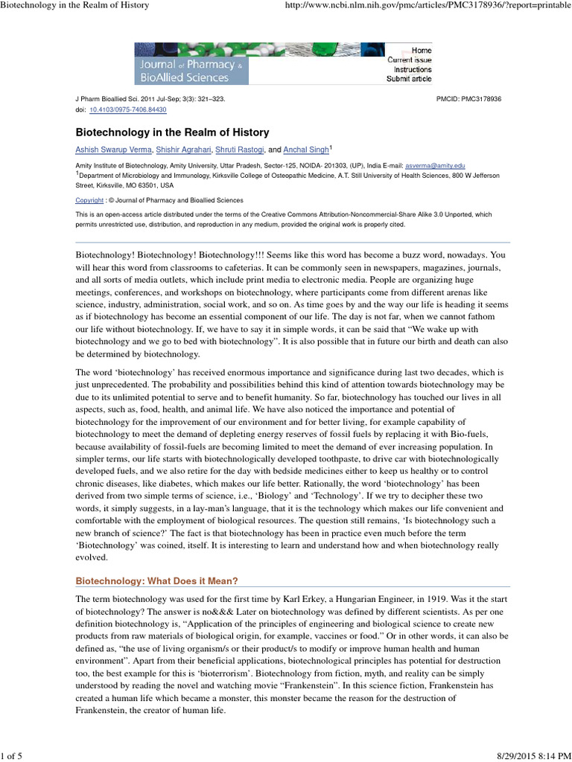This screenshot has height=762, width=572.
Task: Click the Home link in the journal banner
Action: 422,50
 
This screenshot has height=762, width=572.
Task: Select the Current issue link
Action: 409,60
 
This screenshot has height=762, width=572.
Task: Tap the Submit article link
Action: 408,79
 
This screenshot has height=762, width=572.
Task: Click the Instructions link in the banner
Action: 413,69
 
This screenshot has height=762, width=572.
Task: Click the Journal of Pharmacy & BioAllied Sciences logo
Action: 191,63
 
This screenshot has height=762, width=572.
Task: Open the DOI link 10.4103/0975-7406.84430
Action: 128,109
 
